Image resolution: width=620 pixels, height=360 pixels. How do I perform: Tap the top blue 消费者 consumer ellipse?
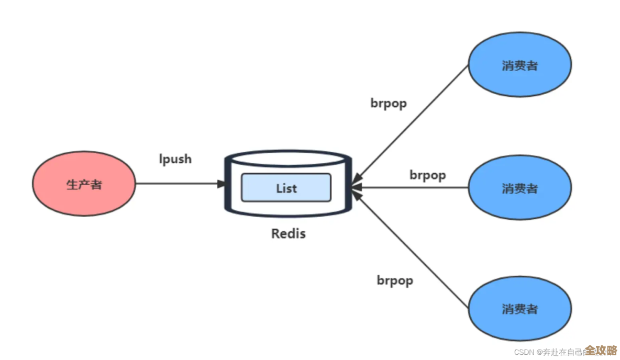pyautogui.click(x=519, y=65)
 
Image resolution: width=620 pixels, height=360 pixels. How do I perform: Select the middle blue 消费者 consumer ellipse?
pyautogui.click(x=519, y=188)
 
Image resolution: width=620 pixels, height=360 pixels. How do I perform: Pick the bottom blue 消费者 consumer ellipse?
pyautogui.click(x=519, y=309)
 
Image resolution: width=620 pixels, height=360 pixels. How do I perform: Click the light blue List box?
pyautogui.click(x=286, y=188)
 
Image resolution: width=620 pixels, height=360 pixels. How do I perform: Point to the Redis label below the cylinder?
pyautogui.click(x=288, y=233)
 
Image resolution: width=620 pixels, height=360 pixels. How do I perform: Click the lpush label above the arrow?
pyautogui.click(x=175, y=159)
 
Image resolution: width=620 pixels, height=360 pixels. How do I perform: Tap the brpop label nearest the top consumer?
pyautogui.click(x=389, y=103)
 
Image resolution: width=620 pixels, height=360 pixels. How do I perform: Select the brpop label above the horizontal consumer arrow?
pyautogui.click(x=427, y=175)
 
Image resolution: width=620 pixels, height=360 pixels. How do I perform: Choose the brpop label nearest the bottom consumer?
pyautogui.click(x=395, y=280)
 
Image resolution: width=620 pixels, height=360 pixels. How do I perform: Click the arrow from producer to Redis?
pyautogui.click(x=178, y=184)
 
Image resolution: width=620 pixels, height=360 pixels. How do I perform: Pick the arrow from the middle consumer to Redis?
pyautogui.click(x=414, y=187)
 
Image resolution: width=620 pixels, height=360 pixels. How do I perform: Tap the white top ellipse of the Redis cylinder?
pyautogui.click(x=287, y=159)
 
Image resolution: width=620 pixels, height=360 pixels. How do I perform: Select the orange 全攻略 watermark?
pyautogui.click(x=601, y=350)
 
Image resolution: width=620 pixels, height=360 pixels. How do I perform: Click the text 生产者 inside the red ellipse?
pyautogui.click(x=84, y=185)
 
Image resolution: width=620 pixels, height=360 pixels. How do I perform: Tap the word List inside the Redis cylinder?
pyautogui.click(x=286, y=188)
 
